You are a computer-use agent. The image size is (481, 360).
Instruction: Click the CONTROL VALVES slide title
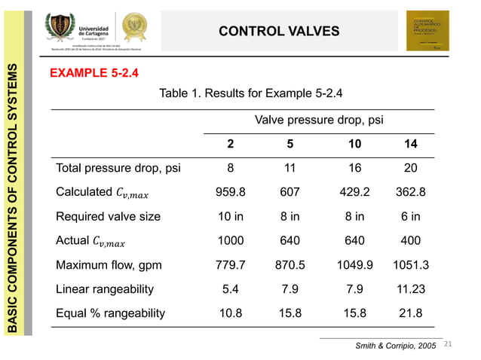pyautogui.click(x=279, y=31)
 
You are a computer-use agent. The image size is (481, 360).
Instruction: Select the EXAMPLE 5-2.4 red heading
pyautogui.click(x=93, y=74)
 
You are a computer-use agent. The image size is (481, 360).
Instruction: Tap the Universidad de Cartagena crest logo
pyautogui.click(x=63, y=29)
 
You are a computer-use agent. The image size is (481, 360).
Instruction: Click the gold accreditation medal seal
pyautogui.click(x=136, y=27)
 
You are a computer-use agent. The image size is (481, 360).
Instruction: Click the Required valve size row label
pyautogui.click(x=108, y=216)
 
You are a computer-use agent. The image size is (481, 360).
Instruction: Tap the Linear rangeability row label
pyautogui.click(x=105, y=289)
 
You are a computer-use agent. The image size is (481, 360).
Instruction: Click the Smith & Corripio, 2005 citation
pyautogui.click(x=395, y=345)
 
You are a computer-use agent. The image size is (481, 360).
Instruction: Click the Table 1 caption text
pyautogui.click(x=251, y=94)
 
